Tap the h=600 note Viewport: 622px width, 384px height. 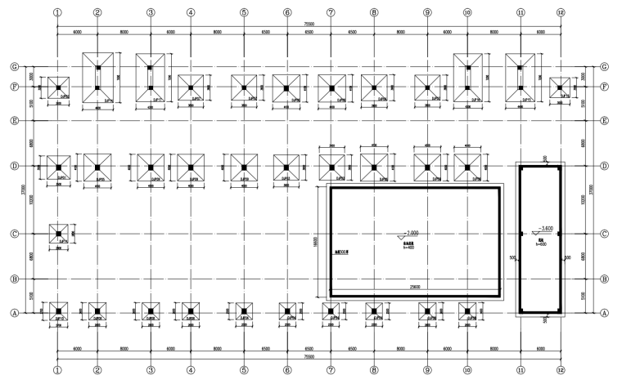click(x=541, y=244)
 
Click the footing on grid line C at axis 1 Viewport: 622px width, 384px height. click(x=59, y=234)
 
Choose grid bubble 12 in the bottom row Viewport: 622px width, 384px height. click(x=561, y=368)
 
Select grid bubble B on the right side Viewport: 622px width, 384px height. click(x=605, y=279)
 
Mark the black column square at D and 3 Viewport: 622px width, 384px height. click(x=151, y=167)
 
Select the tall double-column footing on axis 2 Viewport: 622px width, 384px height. click(x=97, y=78)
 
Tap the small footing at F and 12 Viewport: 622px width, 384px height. click(x=560, y=86)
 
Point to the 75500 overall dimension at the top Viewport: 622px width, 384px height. click(x=309, y=25)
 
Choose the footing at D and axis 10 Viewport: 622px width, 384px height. click(x=467, y=167)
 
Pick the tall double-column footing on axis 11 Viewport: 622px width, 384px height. click(x=520, y=78)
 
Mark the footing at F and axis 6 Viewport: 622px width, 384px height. click(x=286, y=87)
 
